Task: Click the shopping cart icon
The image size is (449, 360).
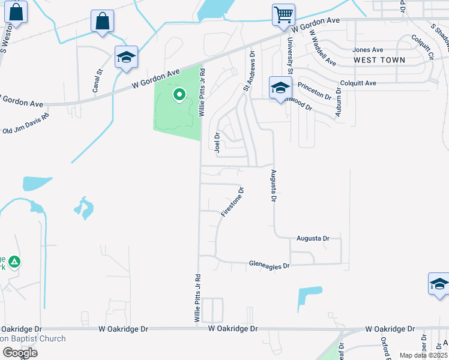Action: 283,14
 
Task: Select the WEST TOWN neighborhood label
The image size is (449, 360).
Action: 379,60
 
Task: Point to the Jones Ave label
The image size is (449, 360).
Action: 368,50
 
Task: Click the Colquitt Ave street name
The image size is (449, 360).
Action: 358,83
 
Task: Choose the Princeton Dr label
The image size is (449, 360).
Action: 314,91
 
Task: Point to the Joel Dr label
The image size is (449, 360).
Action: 217,143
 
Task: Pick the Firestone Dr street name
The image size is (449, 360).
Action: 232,202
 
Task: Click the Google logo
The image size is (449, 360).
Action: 19,352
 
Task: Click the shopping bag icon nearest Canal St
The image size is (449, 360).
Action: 103,22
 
